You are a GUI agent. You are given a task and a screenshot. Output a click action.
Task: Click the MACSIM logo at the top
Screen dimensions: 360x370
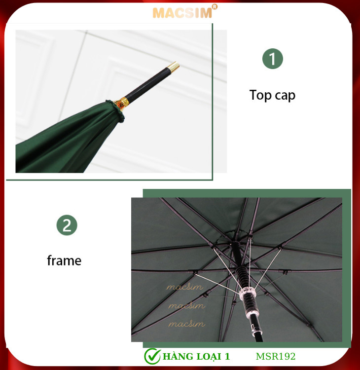point(182,13)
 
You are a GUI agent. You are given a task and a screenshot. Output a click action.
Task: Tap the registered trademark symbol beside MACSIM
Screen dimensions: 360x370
point(215,7)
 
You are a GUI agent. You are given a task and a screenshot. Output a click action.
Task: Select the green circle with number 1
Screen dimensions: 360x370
point(273,59)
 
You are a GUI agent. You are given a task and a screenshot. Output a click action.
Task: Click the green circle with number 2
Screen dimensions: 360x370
point(67,225)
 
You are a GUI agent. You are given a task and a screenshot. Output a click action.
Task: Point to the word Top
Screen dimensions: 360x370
point(260,95)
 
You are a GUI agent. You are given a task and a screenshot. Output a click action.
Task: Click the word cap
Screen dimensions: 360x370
point(285,96)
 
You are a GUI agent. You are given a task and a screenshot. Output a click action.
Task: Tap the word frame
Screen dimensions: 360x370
point(64,260)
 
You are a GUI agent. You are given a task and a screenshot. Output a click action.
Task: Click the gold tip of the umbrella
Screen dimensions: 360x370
point(174,67)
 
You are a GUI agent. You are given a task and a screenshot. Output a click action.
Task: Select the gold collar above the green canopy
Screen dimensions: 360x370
point(121,104)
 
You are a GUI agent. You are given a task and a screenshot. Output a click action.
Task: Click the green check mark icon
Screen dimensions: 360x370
point(152,356)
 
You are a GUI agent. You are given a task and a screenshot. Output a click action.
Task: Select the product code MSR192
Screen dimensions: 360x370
point(276,356)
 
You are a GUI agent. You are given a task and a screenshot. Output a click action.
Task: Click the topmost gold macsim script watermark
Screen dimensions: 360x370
point(185,287)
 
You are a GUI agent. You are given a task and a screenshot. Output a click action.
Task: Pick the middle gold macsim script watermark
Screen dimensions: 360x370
point(186,305)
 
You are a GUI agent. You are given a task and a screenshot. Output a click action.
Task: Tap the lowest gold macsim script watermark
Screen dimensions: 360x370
point(186,324)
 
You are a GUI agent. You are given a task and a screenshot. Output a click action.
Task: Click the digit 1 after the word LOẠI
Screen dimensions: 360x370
point(227,357)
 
